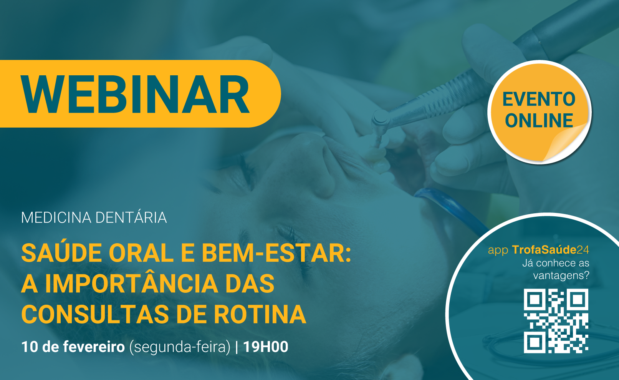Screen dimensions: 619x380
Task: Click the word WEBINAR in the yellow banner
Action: (x=135, y=94)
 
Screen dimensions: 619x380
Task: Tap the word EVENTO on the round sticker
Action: (x=539, y=99)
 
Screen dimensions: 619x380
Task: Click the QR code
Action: (x=556, y=321)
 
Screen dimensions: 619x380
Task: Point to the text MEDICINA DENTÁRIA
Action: (x=94, y=217)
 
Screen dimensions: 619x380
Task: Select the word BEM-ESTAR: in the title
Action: (x=276, y=253)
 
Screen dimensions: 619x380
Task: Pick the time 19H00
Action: (x=266, y=347)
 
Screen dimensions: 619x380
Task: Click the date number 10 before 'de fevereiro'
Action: (x=30, y=347)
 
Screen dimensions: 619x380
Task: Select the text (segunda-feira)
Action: (x=180, y=347)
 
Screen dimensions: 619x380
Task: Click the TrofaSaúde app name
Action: (x=544, y=250)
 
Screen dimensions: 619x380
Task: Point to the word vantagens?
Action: (x=561, y=275)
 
